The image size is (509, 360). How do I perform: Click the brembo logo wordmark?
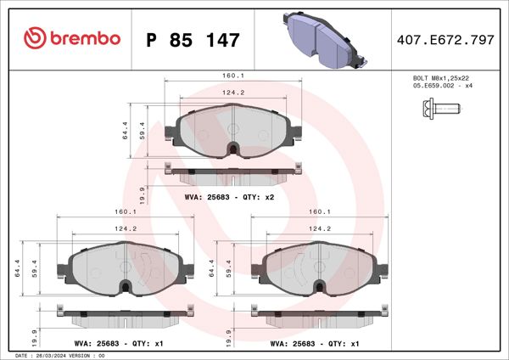pyautogui.click(x=72, y=38)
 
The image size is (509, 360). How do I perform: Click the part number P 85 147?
pyautogui.click(x=193, y=39)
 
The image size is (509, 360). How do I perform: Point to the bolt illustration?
pyautogui.click(x=438, y=109)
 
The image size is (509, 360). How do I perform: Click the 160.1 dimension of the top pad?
pyautogui.click(x=233, y=75)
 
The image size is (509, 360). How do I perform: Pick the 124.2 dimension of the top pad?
pyautogui.click(x=233, y=93)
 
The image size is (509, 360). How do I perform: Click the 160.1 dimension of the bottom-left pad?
pyautogui.click(x=126, y=211)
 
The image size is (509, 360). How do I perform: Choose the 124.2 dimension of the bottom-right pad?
pyautogui.click(x=319, y=228)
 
